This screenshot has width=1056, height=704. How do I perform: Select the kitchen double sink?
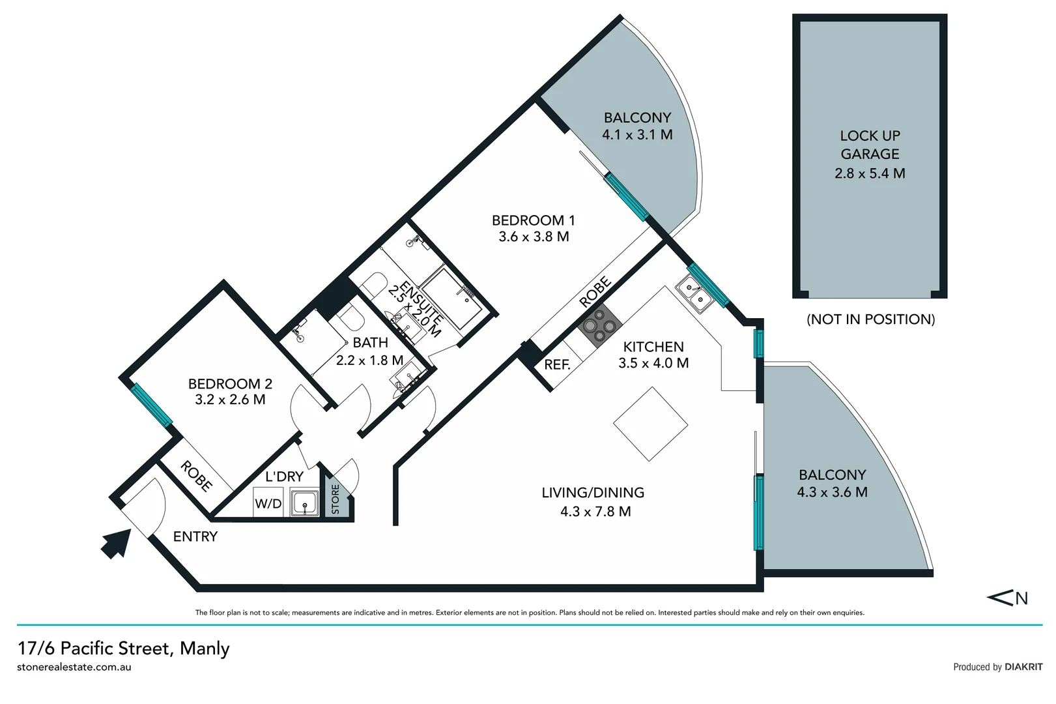coord(692,294)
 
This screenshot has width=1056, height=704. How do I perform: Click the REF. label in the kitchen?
coord(557,365)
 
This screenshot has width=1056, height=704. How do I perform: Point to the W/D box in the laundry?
coord(268,503)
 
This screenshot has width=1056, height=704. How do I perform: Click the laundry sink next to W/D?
coord(304,503)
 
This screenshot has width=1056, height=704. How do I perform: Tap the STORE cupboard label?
coord(335,499)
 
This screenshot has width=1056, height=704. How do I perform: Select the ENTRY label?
coord(195,536)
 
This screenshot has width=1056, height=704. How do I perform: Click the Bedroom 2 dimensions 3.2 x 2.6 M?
coord(230,400)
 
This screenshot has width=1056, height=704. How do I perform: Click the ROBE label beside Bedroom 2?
coord(196,476)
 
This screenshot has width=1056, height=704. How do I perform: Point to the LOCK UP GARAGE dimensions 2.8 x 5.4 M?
coord(870,173)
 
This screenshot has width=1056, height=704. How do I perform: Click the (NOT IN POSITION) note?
coord(870,319)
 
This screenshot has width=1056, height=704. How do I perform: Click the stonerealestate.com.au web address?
coord(74,667)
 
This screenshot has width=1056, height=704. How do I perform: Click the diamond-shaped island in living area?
coord(650,424)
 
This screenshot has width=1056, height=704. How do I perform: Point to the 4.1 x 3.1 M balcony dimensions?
coord(637,135)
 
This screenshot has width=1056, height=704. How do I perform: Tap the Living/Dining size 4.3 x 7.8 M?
coord(595,512)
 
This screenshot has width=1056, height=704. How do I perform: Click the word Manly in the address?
coord(205,649)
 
